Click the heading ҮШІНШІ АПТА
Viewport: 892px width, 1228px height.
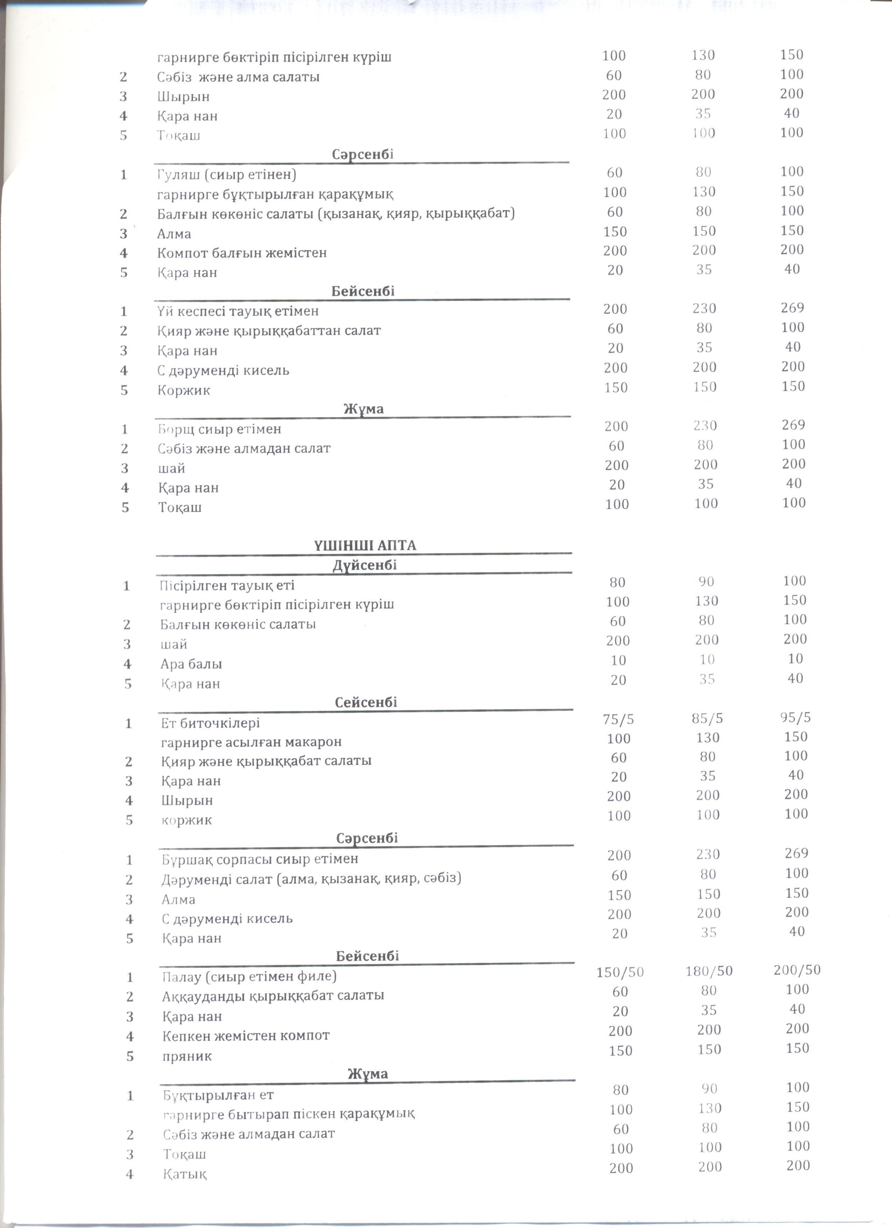tap(365, 545)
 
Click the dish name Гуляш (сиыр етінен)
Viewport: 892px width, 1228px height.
tap(227, 175)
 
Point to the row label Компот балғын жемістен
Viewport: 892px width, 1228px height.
tap(242, 253)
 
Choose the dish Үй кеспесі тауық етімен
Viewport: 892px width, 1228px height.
tap(238, 311)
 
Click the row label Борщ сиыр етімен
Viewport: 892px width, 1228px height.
tap(220, 429)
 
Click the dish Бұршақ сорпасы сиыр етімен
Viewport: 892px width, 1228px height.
tap(260, 859)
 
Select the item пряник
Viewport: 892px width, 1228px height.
tap(187, 1056)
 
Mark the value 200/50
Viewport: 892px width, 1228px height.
tap(797, 970)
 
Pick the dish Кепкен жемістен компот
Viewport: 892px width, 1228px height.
tap(246, 1036)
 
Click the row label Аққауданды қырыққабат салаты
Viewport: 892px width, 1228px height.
tap(273, 996)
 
